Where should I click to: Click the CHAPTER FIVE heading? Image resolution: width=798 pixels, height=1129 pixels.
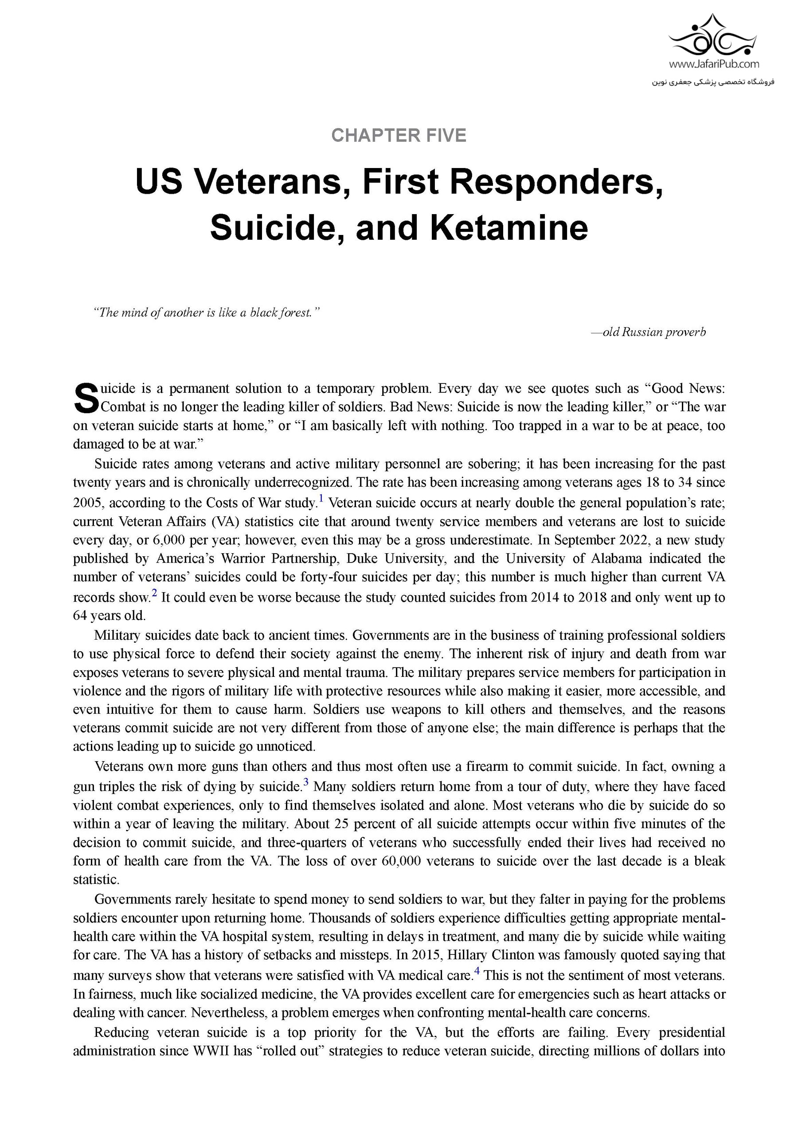[398, 135]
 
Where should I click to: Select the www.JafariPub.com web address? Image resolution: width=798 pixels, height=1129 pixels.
[713, 64]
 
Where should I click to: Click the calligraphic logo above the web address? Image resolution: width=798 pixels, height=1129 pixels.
[714, 35]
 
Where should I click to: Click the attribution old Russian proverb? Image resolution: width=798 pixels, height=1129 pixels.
[649, 332]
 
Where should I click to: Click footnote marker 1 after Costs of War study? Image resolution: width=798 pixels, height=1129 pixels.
[321, 499]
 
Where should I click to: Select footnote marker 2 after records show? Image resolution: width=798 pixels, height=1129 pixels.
[154, 594]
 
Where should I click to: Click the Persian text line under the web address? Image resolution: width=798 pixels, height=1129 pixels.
[713, 82]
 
